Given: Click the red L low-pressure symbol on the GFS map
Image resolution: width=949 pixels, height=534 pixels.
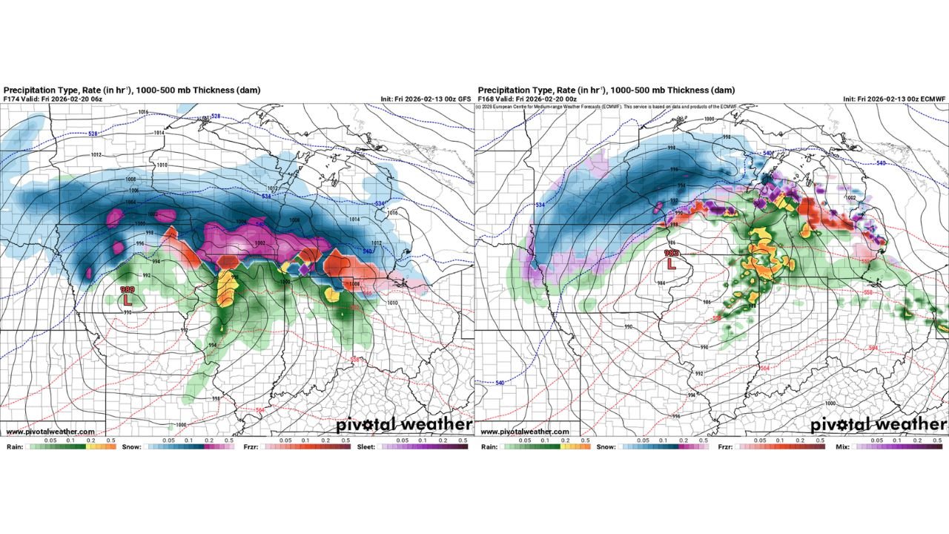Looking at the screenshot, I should pos(128,300).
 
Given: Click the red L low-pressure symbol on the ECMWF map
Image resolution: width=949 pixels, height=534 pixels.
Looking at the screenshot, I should pos(672,263).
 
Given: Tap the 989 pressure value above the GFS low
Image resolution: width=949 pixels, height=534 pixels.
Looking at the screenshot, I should pos(128,290).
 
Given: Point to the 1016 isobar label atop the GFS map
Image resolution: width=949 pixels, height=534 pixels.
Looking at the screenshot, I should pos(143,112).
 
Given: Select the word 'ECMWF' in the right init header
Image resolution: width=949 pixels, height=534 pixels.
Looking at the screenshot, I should pos(932,99).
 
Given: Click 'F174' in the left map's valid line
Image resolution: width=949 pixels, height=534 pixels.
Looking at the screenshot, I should pos(13,99).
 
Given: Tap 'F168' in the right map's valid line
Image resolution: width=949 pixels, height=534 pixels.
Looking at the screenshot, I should pos(487,99).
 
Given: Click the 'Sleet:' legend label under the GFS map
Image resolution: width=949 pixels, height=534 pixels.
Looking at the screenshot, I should pos(367,447).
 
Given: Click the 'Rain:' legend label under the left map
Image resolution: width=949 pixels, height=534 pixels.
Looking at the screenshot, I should pos(15,447).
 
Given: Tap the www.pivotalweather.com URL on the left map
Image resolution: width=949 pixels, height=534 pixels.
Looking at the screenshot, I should pos(50,432).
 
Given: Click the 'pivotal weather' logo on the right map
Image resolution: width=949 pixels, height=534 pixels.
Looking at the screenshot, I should pos(878,425).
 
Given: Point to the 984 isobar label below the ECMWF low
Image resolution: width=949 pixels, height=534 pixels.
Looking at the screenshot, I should pos(662,282).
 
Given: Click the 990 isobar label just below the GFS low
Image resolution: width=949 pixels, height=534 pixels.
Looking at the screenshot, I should pos(127,313).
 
